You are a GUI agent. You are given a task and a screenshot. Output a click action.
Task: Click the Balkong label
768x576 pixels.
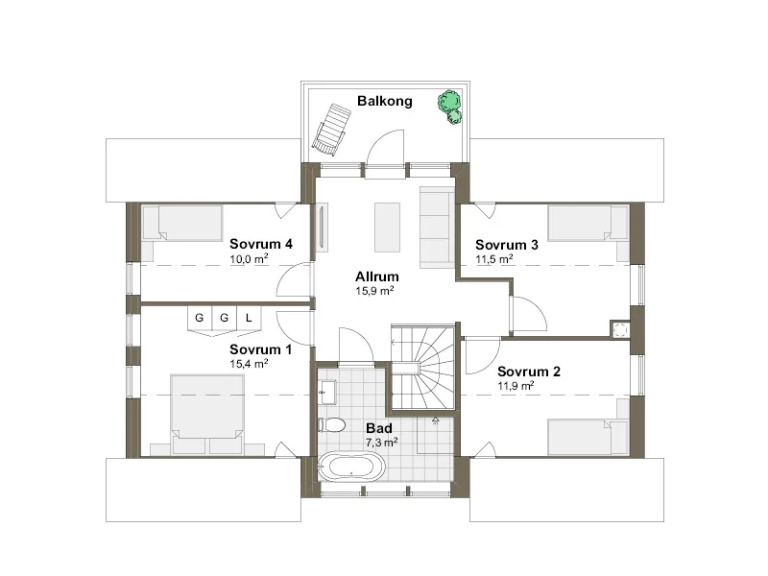click(x=385, y=102)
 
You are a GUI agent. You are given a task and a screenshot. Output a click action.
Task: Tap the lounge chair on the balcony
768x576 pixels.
click(x=331, y=130)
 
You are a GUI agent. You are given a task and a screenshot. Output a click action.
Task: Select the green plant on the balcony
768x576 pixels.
click(x=450, y=107)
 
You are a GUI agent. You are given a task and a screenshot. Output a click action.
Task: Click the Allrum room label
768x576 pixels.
click(x=376, y=276)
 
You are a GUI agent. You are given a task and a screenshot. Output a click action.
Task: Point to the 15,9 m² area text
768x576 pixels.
click(x=374, y=291)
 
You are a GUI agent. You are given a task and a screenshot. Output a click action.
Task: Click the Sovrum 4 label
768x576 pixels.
click(x=261, y=244)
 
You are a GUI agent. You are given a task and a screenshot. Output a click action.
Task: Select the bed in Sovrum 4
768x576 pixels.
click(x=182, y=223)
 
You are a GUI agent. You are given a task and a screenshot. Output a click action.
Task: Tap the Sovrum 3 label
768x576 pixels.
click(x=507, y=245)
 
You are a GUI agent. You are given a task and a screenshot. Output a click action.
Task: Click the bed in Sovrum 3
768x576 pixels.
click(x=588, y=223)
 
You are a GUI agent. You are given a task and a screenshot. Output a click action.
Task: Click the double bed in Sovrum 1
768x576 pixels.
click(x=207, y=414)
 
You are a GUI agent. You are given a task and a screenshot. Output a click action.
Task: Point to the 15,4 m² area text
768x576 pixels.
click(x=249, y=364)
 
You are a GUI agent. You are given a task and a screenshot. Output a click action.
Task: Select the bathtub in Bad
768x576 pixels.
click(x=350, y=466)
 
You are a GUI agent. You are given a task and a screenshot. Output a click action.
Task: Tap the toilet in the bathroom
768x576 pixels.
click(x=331, y=424)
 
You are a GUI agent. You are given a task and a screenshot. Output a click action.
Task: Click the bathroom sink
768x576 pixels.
click(x=326, y=393)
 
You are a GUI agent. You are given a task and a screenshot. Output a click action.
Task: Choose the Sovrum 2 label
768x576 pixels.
click(x=529, y=372)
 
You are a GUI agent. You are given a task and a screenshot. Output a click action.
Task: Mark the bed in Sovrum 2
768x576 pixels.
click(x=588, y=437)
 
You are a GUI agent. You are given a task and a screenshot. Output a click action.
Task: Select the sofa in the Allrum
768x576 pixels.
click(x=437, y=228)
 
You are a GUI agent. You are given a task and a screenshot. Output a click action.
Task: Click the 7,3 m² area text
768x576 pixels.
click(x=381, y=443)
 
